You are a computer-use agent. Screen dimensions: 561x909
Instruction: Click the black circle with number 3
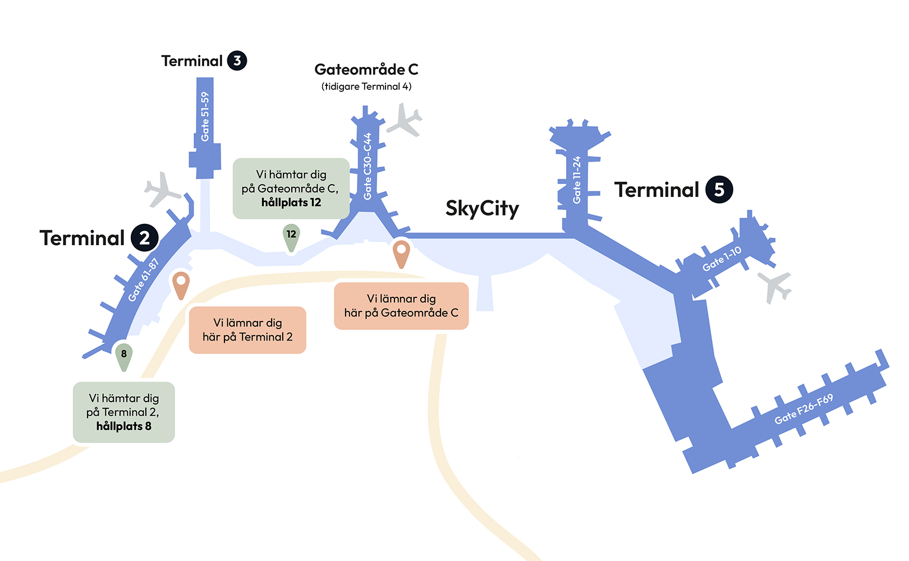(237, 61)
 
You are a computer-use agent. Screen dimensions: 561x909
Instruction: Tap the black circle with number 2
(145, 238)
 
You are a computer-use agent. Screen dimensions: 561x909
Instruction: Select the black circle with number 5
(719, 190)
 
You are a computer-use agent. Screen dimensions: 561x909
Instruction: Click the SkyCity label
(482, 208)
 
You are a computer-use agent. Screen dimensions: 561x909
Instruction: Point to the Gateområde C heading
(366, 70)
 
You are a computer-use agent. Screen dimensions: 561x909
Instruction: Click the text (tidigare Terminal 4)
(366, 86)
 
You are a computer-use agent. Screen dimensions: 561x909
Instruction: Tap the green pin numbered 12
(291, 236)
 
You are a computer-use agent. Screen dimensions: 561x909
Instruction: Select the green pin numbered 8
(124, 355)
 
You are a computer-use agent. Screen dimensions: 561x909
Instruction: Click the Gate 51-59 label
(205, 117)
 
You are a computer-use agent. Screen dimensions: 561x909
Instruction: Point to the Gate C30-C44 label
(368, 166)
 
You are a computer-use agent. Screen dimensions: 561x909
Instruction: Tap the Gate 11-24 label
(576, 180)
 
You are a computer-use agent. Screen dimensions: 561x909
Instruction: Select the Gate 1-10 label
(722, 259)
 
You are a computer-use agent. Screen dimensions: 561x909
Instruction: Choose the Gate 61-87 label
(144, 279)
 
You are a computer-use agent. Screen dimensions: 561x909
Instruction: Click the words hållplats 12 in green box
(291, 203)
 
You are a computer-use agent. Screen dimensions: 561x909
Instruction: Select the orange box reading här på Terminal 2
(247, 330)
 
